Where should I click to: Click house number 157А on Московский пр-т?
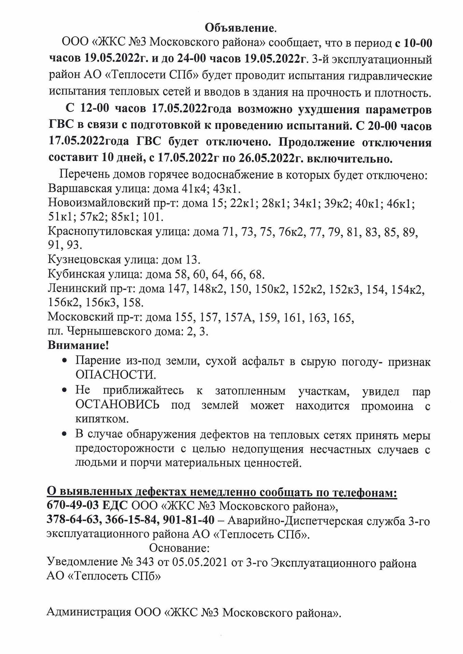(x=238, y=317)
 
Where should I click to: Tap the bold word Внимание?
(x=78, y=346)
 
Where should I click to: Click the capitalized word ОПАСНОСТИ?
(x=115, y=375)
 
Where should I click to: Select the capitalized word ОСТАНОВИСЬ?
(x=117, y=405)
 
